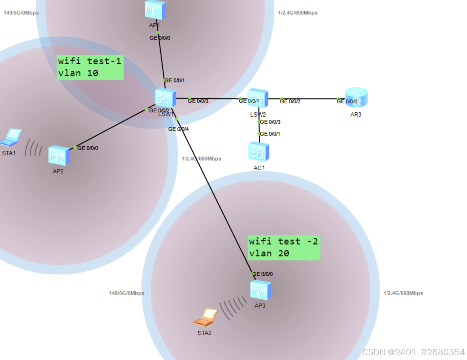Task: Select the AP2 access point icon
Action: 58,156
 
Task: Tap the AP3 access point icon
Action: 261,290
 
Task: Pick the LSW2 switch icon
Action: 258,99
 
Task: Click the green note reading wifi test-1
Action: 90,61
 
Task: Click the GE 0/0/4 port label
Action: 179,129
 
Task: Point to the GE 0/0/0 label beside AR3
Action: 347,101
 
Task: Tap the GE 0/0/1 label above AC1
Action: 270,134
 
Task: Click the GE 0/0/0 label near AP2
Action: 88,148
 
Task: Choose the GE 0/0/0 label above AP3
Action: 263,274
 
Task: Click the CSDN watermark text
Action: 413,352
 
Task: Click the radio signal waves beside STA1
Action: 34,148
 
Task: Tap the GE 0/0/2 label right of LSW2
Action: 290,101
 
